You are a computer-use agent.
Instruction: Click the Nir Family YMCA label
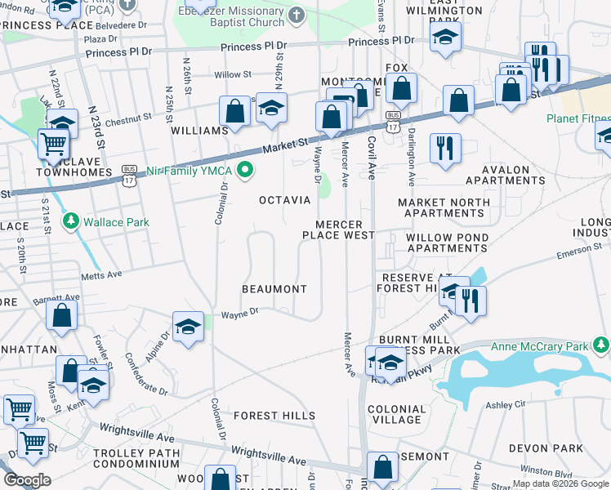click(190, 171)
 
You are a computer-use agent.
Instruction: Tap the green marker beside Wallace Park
click(72, 220)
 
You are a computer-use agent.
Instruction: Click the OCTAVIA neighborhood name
click(284, 200)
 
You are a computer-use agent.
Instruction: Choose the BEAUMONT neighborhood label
click(274, 289)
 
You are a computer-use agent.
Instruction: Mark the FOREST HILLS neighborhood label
click(274, 416)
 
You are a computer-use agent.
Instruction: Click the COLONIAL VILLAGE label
click(397, 414)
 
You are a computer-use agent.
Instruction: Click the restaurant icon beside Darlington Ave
click(445, 149)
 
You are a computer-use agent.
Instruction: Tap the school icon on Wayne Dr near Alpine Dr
click(188, 327)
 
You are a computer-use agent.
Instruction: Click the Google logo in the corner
click(26, 480)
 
